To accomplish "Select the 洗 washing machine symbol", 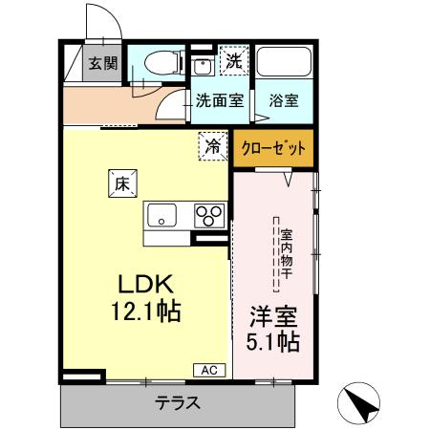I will click(x=233, y=60).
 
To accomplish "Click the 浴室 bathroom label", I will click(x=282, y=97).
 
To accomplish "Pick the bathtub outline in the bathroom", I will click(x=284, y=64).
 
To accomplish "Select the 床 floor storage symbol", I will click(x=121, y=182).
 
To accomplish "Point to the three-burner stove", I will click(x=209, y=216).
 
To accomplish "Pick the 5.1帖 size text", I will click(x=272, y=341).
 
